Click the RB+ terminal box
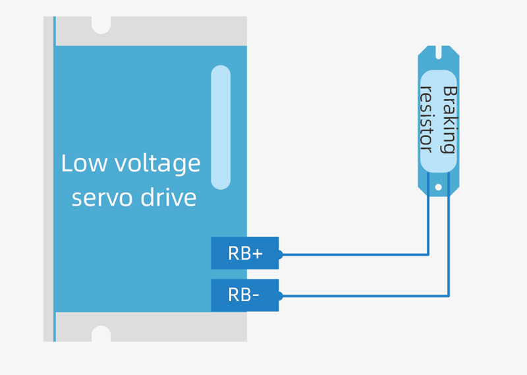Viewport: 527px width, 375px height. (x=244, y=253)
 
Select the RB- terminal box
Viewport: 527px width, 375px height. (x=244, y=295)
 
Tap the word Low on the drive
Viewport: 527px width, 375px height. (x=83, y=163)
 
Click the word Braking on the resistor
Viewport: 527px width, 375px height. (x=449, y=119)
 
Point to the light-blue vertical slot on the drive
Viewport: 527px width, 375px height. (x=221, y=127)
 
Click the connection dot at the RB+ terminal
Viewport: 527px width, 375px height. (x=279, y=254)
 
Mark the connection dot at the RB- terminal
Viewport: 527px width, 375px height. (x=279, y=296)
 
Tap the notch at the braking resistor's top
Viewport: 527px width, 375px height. (x=438, y=50)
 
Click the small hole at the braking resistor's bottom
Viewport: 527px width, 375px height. (x=438, y=187)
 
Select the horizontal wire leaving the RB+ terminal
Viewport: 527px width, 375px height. (x=356, y=254)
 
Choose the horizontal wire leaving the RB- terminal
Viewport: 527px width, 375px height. (x=362, y=296)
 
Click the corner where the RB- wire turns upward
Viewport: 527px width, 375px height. (x=449, y=296)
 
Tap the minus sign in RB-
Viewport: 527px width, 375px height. (x=256, y=296)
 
